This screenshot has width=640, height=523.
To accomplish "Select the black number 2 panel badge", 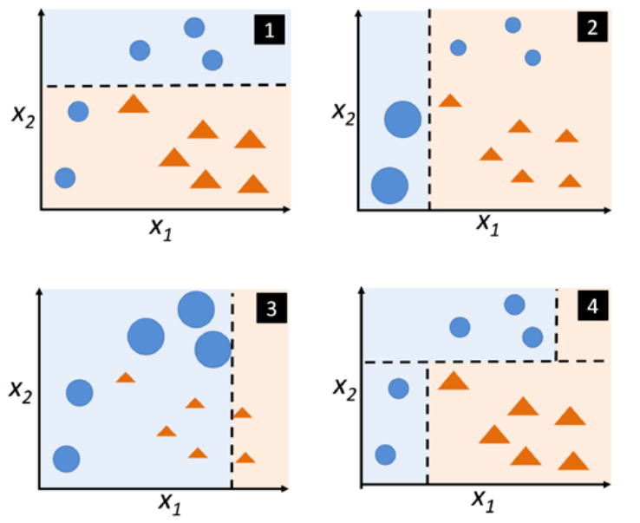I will click(x=591, y=27).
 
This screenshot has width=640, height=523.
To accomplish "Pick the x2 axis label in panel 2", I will click(x=344, y=110).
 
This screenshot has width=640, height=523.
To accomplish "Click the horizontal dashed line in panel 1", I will click(x=165, y=85).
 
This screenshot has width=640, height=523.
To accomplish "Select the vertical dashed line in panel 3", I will click(x=232, y=390).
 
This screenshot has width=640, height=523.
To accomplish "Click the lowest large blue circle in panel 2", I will click(x=389, y=185).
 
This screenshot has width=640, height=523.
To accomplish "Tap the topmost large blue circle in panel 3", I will click(x=196, y=308).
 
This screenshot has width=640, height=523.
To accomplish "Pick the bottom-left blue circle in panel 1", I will click(x=65, y=178).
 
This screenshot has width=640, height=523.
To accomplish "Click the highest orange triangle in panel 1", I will click(x=134, y=105).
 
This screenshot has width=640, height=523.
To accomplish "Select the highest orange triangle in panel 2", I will click(x=449, y=101).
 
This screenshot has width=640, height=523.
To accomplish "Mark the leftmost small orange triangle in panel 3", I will click(x=126, y=377).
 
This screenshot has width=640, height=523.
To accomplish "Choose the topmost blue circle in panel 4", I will click(x=514, y=304).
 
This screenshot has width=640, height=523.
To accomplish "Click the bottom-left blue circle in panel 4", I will click(x=385, y=454).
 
